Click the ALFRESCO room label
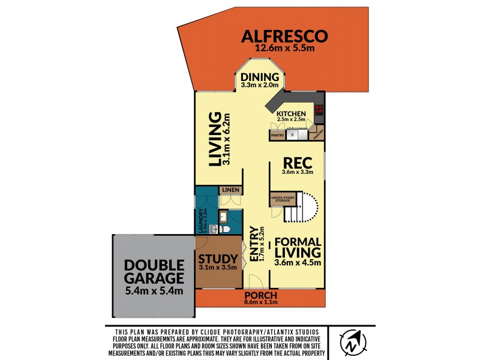[x=285, y=36]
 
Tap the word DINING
[x=260, y=77]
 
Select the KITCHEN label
[x=292, y=114]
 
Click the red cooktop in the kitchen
[x=319, y=110]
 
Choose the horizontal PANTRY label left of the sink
[x=277, y=136]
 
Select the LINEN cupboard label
[x=231, y=190]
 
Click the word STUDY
[x=217, y=260]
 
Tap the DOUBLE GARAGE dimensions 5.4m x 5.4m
[x=153, y=293]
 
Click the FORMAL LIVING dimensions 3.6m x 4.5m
[x=298, y=262]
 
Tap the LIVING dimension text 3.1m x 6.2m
[x=226, y=139]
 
